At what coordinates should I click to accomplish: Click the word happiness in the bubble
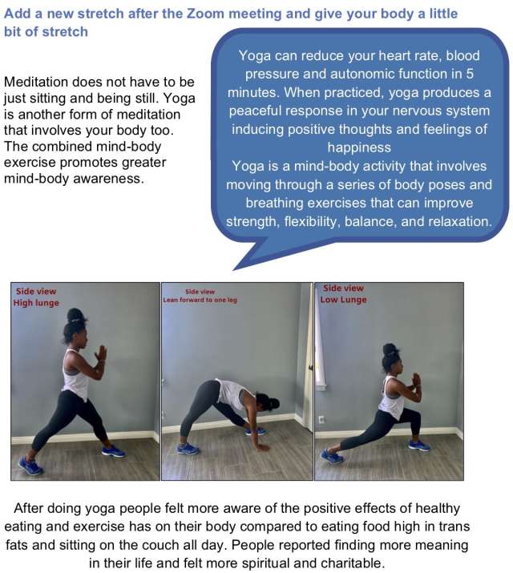click(359, 147)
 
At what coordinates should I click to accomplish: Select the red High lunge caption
click(36, 297)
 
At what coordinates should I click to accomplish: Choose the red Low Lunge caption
click(344, 294)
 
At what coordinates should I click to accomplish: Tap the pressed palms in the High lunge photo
click(100, 353)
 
